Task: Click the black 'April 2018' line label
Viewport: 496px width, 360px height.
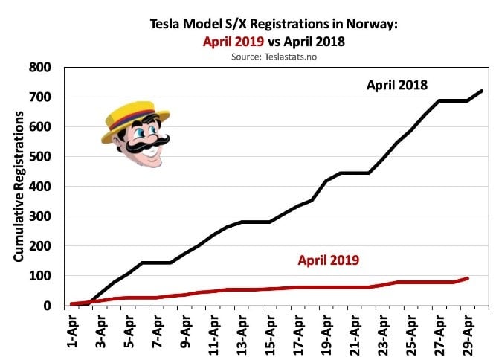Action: click(x=396, y=85)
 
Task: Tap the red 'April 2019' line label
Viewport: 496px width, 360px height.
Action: click(x=329, y=260)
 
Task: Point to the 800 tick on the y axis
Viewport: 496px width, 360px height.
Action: click(x=39, y=68)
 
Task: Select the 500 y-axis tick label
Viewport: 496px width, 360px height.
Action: click(x=39, y=157)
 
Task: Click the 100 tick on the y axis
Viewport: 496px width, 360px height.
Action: click(x=39, y=276)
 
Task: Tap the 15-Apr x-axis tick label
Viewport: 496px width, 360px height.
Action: click(x=268, y=330)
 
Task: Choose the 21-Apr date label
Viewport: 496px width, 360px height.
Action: click(x=353, y=330)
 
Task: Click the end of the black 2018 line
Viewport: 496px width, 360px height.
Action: click(x=483, y=91)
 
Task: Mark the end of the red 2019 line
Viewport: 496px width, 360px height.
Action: click(x=468, y=278)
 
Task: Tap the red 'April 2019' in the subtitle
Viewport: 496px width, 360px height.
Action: click(x=234, y=41)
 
